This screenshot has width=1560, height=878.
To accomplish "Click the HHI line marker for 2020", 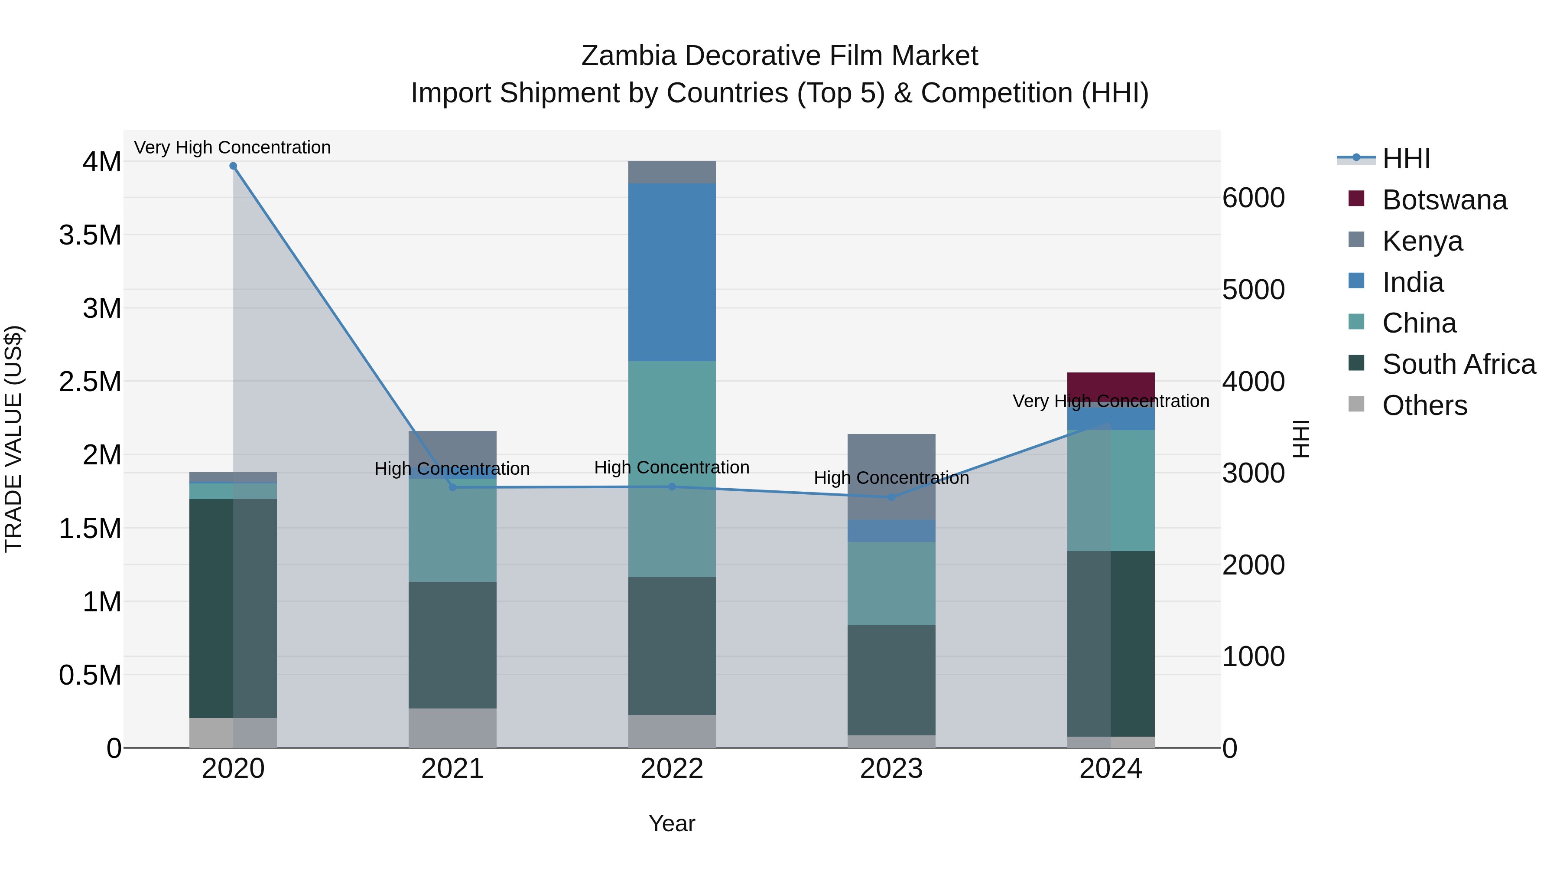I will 233,166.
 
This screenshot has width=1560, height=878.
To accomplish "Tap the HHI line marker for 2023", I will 891,497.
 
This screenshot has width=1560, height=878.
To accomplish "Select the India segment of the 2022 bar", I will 672,273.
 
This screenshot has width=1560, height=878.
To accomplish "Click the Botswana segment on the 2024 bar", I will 1111,384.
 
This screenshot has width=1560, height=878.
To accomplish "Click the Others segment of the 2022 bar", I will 672,731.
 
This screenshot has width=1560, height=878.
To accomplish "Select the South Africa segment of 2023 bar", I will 891,680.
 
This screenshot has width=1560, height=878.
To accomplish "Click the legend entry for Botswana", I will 1444,200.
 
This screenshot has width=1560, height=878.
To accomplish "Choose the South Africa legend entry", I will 1458,364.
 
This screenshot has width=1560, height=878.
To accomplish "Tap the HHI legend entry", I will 1406,159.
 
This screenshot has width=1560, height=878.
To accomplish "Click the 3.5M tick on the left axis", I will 90,235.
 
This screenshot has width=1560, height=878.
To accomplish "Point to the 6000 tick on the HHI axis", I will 1253,198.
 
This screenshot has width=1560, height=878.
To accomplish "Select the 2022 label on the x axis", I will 672,769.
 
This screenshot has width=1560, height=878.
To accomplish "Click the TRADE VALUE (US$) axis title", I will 14,439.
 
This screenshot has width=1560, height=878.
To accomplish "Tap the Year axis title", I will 672,823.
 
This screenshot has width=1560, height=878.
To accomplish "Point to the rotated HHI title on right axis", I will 1301,439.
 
